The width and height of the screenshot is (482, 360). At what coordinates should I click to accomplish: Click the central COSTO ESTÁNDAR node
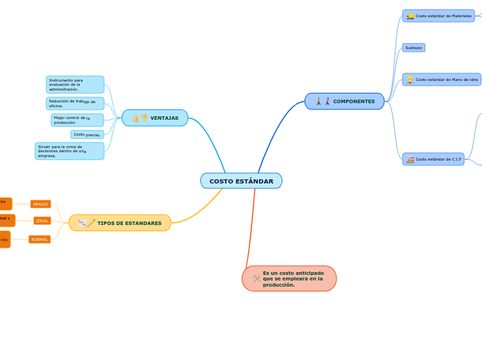click(x=241, y=181)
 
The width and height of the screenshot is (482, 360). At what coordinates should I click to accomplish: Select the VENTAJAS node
click(x=155, y=118)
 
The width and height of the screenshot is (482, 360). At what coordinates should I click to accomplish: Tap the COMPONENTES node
click(x=344, y=101)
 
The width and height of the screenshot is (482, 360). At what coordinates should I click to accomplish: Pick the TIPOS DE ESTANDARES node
click(x=120, y=223)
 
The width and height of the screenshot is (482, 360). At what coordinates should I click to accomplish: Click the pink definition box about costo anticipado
click(x=289, y=278)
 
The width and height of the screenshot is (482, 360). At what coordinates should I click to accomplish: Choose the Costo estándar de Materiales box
click(x=438, y=16)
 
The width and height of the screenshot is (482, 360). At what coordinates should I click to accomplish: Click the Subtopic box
click(x=413, y=48)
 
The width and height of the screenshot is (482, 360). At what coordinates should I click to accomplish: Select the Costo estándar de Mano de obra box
click(x=442, y=80)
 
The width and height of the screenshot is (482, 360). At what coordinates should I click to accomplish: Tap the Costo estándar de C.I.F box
click(x=434, y=159)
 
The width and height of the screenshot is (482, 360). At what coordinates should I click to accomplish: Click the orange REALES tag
click(x=41, y=204)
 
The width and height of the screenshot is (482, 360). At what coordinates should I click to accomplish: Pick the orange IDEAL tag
click(x=42, y=221)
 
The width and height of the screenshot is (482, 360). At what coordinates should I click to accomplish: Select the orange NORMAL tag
click(x=39, y=240)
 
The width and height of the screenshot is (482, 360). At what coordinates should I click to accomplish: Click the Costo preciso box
click(x=87, y=134)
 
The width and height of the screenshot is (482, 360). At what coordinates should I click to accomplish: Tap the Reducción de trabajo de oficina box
click(x=75, y=104)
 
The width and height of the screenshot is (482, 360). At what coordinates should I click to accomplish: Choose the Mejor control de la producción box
click(x=77, y=120)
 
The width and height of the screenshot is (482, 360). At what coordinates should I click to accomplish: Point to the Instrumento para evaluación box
click(x=75, y=84)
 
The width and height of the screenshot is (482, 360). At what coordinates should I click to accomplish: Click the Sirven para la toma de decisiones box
click(x=69, y=151)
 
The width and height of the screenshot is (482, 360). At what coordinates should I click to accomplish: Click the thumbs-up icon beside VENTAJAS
click(x=135, y=118)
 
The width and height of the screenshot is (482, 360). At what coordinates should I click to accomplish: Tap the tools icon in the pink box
click(x=257, y=278)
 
